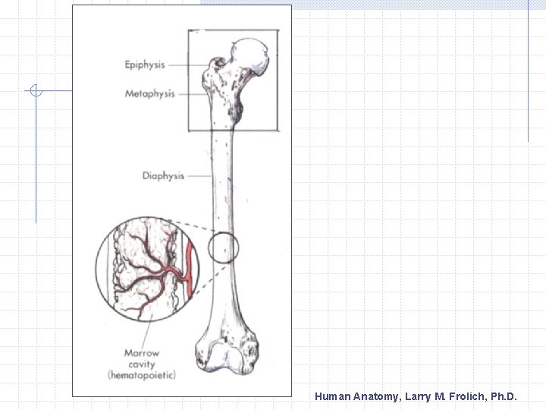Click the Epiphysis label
click(145, 65)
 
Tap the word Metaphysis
click(149, 94)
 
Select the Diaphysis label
click(163, 176)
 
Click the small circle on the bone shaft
click(223, 248)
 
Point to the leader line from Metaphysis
click(191, 94)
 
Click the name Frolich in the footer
click(460, 396)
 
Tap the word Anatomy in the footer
click(376, 396)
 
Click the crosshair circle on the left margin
click(36, 92)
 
